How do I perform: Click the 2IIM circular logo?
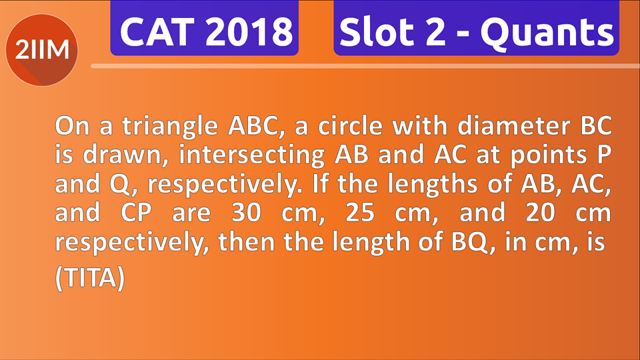(41, 51)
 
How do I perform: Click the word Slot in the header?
(373, 31)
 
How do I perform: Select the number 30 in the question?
(249, 214)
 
